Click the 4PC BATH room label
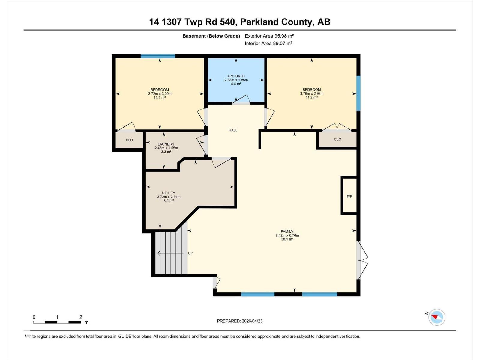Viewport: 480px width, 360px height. point(236,76)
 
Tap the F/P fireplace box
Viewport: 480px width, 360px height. point(349,196)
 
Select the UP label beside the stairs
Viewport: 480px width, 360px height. point(190,253)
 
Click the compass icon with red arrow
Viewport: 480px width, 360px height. point(436,317)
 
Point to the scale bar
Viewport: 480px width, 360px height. point(57,322)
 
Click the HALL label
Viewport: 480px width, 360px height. point(233,130)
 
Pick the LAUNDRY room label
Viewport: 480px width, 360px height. point(166,144)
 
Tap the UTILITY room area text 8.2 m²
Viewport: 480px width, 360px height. point(169,201)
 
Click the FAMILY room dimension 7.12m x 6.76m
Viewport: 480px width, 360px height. point(287,235)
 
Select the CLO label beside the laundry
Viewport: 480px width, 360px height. point(129,140)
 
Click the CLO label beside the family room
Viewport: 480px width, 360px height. point(337,139)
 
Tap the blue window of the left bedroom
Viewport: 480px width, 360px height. point(158,56)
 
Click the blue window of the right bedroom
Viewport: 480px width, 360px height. point(358,93)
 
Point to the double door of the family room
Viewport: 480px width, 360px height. point(362,260)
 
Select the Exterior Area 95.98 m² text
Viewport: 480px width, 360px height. point(269,36)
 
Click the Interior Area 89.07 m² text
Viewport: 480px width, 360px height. point(268,43)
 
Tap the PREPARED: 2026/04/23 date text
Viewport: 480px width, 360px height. point(240,321)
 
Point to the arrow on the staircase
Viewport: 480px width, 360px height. point(170,253)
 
